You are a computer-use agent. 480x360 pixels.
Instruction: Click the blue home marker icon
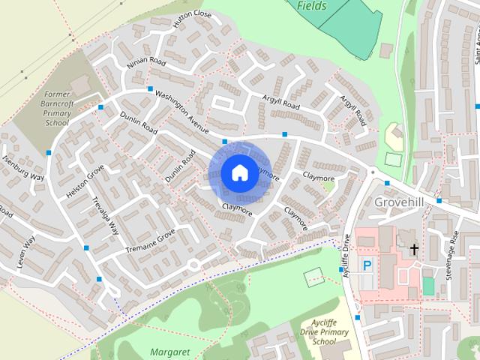point(239,172)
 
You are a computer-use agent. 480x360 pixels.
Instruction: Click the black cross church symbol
point(414,248)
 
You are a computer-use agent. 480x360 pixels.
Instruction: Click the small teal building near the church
point(428,286)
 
